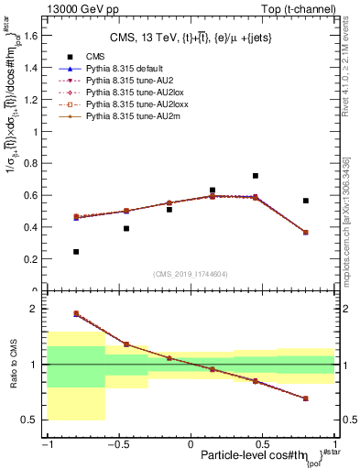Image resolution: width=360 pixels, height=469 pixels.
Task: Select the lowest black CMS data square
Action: coord(76,251)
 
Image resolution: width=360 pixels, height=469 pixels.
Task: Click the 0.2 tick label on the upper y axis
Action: coord(34,259)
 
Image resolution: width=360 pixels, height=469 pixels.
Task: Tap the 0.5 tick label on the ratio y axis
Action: coord(34,420)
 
